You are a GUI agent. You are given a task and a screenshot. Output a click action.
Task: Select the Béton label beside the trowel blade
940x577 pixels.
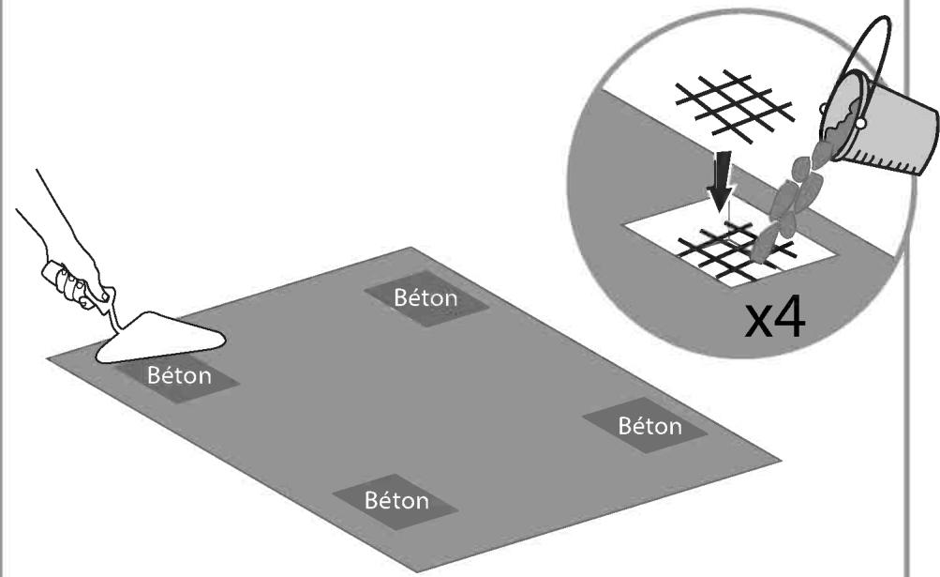[x=178, y=376]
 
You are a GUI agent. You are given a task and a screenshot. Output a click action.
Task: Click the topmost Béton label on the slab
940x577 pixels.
[x=425, y=298]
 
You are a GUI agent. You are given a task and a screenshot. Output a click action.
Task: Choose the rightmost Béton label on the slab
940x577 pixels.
[x=649, y=426]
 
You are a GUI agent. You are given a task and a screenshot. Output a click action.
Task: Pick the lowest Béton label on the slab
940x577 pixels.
[x=395, y=499]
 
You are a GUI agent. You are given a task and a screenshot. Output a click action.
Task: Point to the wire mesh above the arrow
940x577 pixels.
[x=736, y=103]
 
